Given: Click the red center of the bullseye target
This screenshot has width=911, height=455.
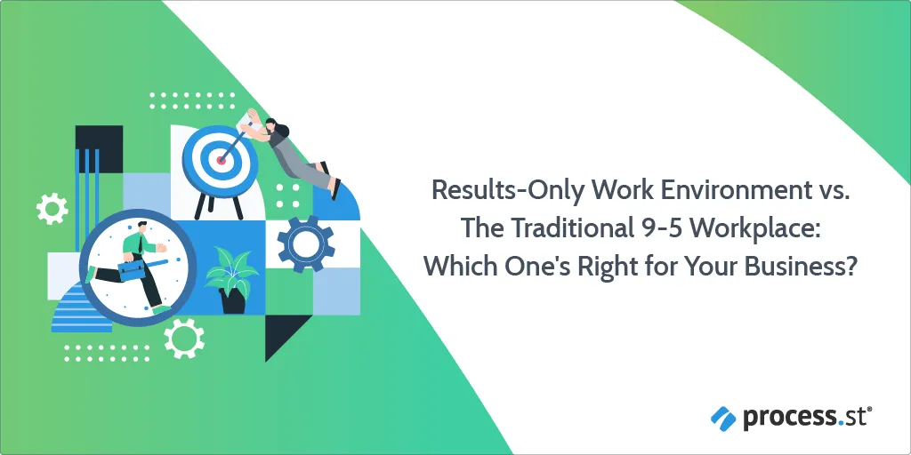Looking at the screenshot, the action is pos(221,160).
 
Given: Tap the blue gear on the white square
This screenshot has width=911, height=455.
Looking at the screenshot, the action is pos(306,243).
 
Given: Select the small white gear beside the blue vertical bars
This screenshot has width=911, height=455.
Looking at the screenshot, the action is pos(52,208).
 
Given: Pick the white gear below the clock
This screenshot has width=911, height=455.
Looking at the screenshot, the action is pos(184,338).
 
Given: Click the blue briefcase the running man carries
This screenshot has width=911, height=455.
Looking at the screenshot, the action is pos(132,269).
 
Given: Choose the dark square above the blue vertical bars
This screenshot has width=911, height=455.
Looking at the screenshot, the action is pos(99,149).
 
